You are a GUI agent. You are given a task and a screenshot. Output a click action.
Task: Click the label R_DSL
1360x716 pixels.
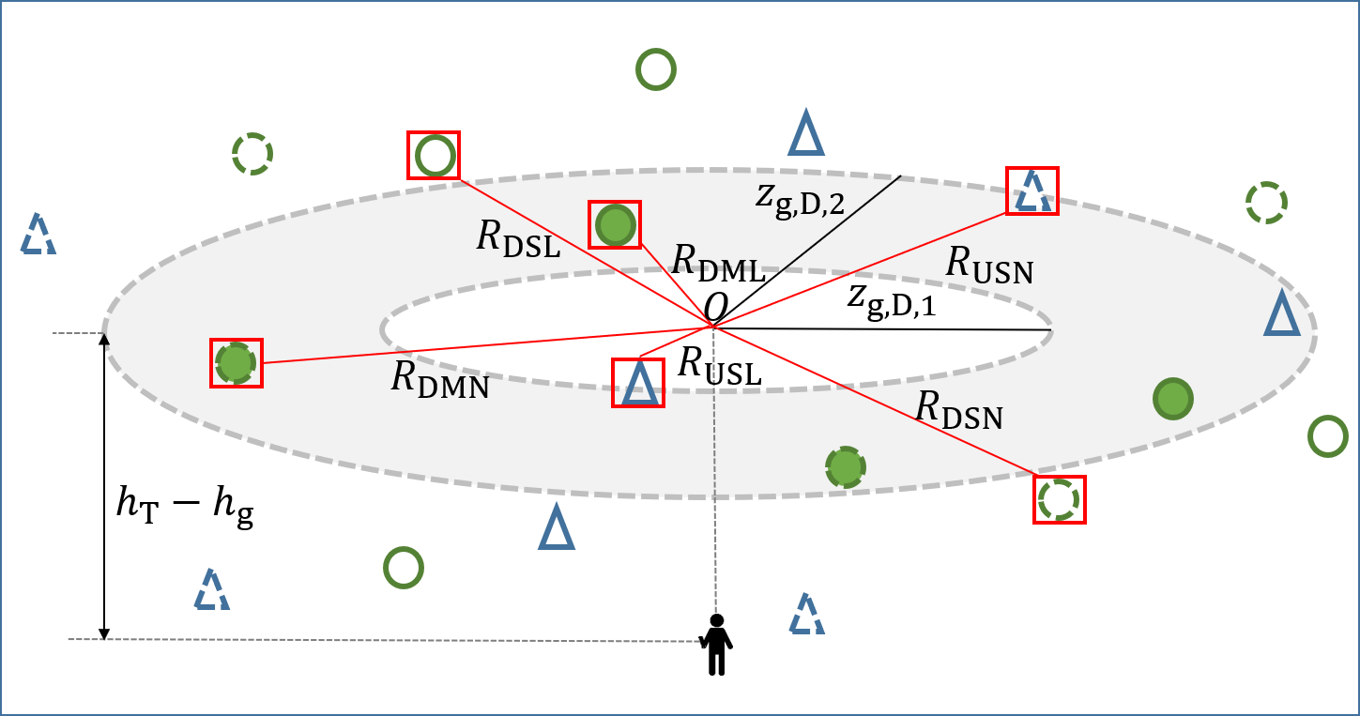coord(518,238)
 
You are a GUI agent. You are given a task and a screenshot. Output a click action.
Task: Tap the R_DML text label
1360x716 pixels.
coord(718,262)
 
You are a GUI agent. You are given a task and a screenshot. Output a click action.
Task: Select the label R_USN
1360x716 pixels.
coord(988,266)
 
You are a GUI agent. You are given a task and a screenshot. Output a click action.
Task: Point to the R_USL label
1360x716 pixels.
coord(719,365)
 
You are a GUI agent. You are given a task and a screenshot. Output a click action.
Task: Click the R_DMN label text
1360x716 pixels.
coord(440,378)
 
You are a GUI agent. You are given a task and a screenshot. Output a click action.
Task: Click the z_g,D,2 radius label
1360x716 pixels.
coord(801,200)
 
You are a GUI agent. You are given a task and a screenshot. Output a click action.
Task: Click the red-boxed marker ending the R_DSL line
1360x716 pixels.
coord(434,156)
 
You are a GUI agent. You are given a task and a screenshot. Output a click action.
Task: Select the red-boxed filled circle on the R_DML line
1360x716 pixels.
coord(615,225)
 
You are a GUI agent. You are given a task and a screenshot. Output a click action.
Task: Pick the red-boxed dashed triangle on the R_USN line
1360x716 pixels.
coord(1032,191)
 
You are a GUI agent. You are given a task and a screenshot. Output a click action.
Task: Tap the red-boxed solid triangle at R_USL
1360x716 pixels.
coord(638,383)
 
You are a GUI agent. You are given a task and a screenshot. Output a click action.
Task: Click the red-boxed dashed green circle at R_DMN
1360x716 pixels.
coord(236,362)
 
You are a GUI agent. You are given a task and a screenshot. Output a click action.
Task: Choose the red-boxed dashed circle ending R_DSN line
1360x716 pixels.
coord(1060,499)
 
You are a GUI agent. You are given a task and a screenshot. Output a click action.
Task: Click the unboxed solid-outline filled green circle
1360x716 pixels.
coord(1172,399)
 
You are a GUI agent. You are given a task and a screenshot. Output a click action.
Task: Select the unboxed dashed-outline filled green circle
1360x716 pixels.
coord(845,466)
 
